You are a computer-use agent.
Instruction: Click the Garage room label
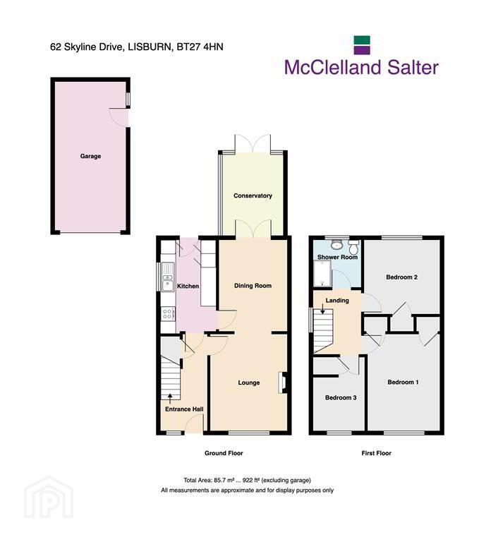click(x=90, y=156)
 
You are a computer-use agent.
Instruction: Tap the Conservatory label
click(x=253, y=195)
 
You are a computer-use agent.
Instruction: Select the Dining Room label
click(x=253, y=286)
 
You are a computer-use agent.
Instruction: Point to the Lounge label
click(x=249, y=383)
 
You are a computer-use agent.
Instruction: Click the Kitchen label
click(x=188, y=287)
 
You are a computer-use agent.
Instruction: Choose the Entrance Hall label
click(x=184, y=409)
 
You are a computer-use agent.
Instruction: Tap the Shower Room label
click(x=337, y=257)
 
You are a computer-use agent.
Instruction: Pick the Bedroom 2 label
click(x=402, y=277)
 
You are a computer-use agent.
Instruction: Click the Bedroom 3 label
click(x=341, y=398)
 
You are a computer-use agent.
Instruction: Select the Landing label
click(x=337, y=301)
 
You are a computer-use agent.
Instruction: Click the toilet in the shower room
click(x=354, y=247)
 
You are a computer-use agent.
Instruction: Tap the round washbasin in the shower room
click(x=337, y=245)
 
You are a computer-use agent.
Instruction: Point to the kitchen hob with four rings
click(x=168, y=314)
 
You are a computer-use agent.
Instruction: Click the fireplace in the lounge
click(x=282, y=383)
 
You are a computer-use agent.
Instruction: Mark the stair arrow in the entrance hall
click(x=169, y=399)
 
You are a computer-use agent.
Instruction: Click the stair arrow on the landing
click(x=322, y=309)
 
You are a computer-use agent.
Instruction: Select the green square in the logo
click(x=362, y=40)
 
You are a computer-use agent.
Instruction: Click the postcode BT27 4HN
click(x=200, y=47)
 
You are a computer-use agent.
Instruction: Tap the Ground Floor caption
click(x=224, y=453)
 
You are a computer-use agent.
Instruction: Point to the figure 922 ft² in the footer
click(x=252, y=480)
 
